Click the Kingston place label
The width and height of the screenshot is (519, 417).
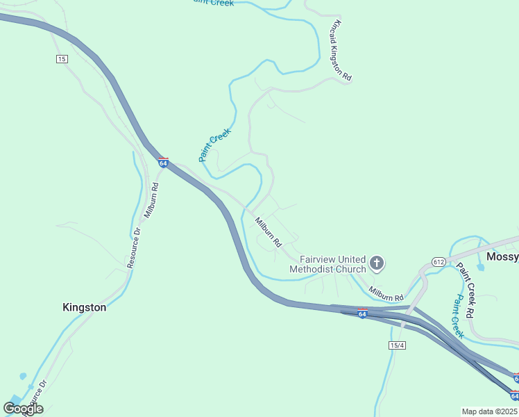85,307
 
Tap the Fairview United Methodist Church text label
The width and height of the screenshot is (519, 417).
327,264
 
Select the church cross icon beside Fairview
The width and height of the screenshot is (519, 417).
377,263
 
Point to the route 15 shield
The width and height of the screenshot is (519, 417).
62,59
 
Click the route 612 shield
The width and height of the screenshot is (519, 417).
438,262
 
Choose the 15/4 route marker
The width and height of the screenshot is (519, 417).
397,345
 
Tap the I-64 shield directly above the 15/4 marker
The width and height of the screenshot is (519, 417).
362,313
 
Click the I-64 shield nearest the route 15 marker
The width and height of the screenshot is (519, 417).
163,163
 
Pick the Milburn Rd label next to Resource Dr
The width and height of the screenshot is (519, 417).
151,202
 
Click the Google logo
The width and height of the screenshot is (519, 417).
23,408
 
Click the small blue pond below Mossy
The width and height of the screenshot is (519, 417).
480,267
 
